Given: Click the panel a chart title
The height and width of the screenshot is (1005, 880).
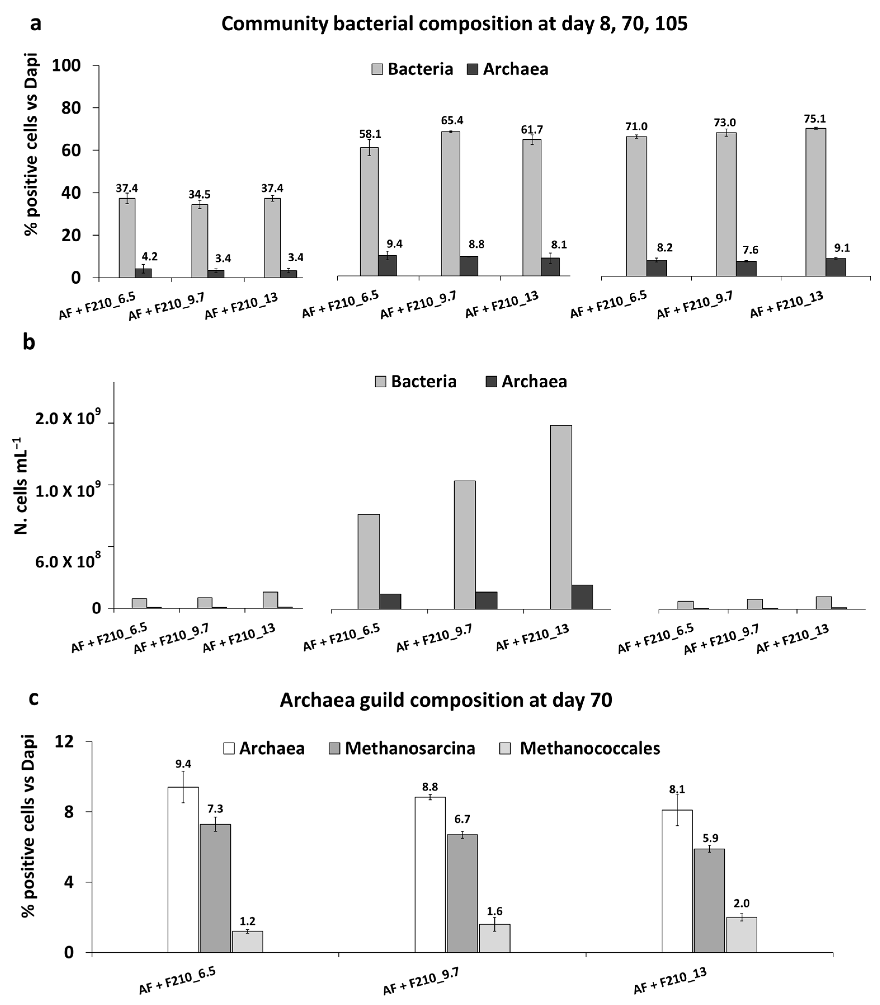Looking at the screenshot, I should point(454,24).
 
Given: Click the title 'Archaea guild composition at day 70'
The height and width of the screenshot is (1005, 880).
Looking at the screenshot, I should point(446,700).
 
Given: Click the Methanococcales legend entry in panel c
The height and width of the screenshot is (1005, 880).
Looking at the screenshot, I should point(589,748).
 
